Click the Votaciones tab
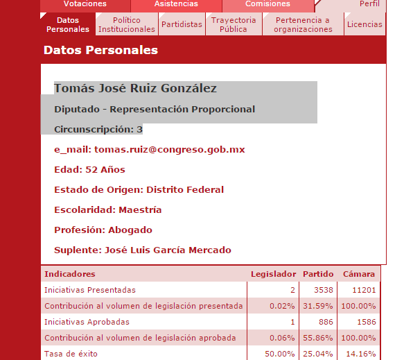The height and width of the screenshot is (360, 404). tap(85, 4)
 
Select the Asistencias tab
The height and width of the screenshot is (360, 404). tap(176, 4)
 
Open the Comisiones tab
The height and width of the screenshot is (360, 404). tap(267, 4)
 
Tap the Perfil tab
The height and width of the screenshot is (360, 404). tap(369, 4)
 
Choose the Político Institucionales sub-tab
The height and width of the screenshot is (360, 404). tap(127, 25)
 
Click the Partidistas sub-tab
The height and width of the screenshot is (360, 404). tap(182, 25)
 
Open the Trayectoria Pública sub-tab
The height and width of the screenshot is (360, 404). tap(234, 25)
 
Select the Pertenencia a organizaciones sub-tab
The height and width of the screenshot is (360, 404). tap(303, 25)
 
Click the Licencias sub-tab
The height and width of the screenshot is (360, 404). tap(365, 25)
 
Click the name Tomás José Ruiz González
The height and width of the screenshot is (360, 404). tap(135, 89)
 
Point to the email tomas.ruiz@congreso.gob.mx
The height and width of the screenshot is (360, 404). tap(169, 150)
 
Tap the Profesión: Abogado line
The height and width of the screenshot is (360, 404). tap(103, 230)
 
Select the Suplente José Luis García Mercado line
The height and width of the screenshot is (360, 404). tap(142, 250)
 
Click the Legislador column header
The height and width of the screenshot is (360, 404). tap(273, 275)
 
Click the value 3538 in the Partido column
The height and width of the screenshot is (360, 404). tap(323, 290)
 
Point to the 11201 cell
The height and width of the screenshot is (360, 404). tap(363, 290)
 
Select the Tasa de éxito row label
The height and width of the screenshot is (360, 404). tap(71, 354)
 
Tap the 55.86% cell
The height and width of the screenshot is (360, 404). tap(319, 338)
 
